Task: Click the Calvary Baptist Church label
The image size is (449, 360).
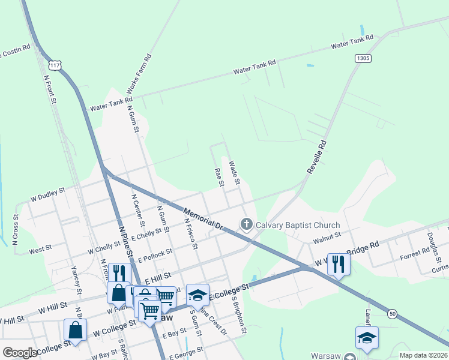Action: [x=290, y=226]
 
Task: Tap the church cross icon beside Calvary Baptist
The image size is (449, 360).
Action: [x=246, y=225]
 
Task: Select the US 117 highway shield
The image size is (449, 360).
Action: [x=55, y=64]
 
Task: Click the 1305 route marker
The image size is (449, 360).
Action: [x=363, y=58]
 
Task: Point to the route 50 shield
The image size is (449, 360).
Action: [x=392, y=313]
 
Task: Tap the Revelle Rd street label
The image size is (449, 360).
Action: [x=316, y=157]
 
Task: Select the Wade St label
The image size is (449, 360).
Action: [x=235, y=172]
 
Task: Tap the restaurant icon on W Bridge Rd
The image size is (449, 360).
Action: [x=339, y=265]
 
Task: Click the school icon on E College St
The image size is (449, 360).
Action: [x=197, y=295]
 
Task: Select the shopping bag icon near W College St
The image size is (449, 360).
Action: [x=75, y=329]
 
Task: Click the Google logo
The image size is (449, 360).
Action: [x=20, y=353]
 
